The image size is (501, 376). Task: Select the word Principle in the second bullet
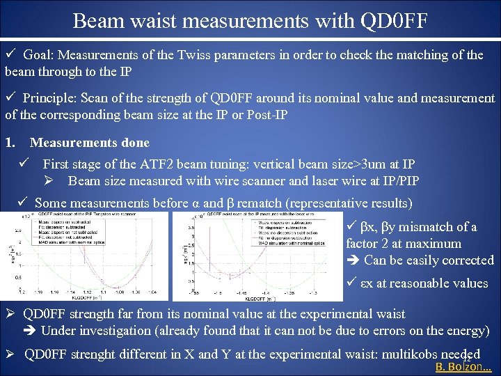(x=50, y=98)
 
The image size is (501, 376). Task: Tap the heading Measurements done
(x=89, y=143)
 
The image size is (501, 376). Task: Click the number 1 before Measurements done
(x=9, y=143)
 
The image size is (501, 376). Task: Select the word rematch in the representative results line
(x=266, y=203)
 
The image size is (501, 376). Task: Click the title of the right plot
(x=257, y=214)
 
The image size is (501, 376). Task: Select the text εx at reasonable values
(x=424, y=283)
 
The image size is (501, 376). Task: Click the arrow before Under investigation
(x=31, y=331)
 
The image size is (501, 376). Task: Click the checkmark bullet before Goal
(x=10, y=54)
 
